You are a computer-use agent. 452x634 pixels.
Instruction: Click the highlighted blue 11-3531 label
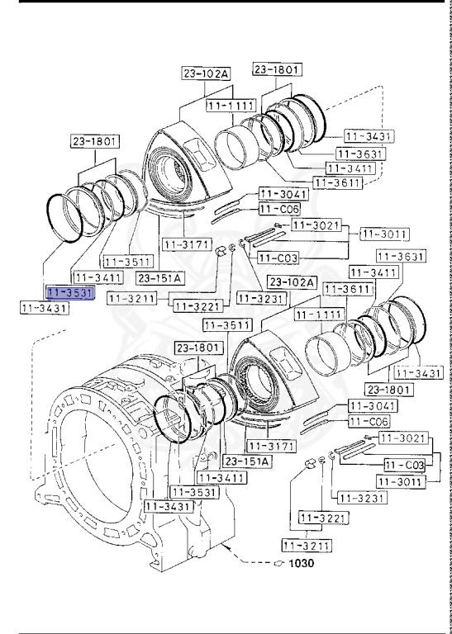pos(71,292)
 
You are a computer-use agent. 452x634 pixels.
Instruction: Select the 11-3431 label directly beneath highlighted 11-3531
pos(44,308)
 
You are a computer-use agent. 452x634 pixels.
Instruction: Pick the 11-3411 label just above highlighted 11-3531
pos(98,276)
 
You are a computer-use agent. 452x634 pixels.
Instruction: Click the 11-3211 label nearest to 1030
pos(306,545)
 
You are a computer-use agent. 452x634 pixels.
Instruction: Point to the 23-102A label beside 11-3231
pos(292,282)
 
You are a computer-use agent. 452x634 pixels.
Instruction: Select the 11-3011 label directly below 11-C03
pos(401,481)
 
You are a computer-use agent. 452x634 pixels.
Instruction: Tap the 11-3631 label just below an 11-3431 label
pos(359,153)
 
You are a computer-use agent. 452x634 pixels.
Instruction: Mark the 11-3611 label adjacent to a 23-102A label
pos(347,289)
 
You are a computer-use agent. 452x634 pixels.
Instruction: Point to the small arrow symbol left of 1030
pos(278,564)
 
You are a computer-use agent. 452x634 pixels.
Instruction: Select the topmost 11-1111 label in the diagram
pos(231,106)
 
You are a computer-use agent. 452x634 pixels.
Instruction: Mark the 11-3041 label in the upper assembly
pos(283,194)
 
